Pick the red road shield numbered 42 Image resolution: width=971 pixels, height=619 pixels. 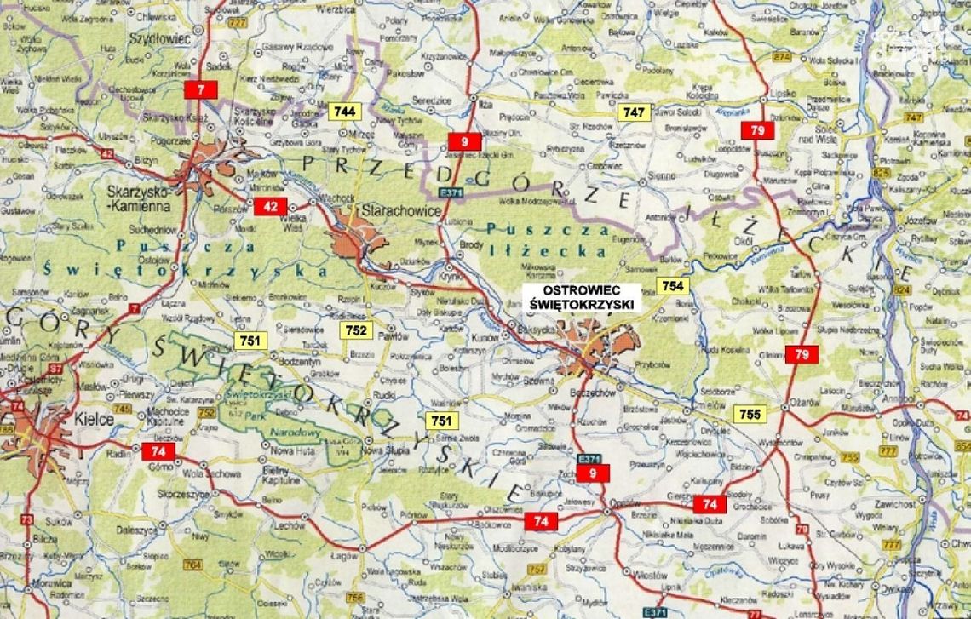[271, 205]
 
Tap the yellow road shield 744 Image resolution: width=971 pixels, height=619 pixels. [345, 112]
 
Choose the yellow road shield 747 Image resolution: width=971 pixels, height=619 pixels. [635, 112]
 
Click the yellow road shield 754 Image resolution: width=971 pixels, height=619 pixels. [671, 285]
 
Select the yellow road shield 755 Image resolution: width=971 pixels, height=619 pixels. [750, 414]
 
